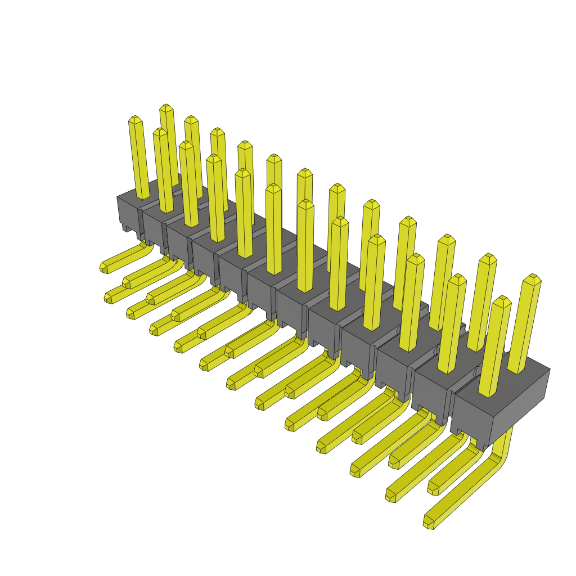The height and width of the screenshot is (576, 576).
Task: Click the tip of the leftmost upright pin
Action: pos(134,119)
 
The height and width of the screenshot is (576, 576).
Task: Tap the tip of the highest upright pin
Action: pos(165,107)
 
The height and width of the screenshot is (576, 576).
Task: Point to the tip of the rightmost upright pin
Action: pos(532,278)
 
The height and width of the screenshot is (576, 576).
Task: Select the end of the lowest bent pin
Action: pos(429,523)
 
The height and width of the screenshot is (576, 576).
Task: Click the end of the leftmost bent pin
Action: pos(104,267)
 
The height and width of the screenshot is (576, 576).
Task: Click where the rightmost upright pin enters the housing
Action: pos(517,371)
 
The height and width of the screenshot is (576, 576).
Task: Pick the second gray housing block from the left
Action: pos(153,228)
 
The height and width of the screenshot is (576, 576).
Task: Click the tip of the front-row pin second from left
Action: pos(160,132)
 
